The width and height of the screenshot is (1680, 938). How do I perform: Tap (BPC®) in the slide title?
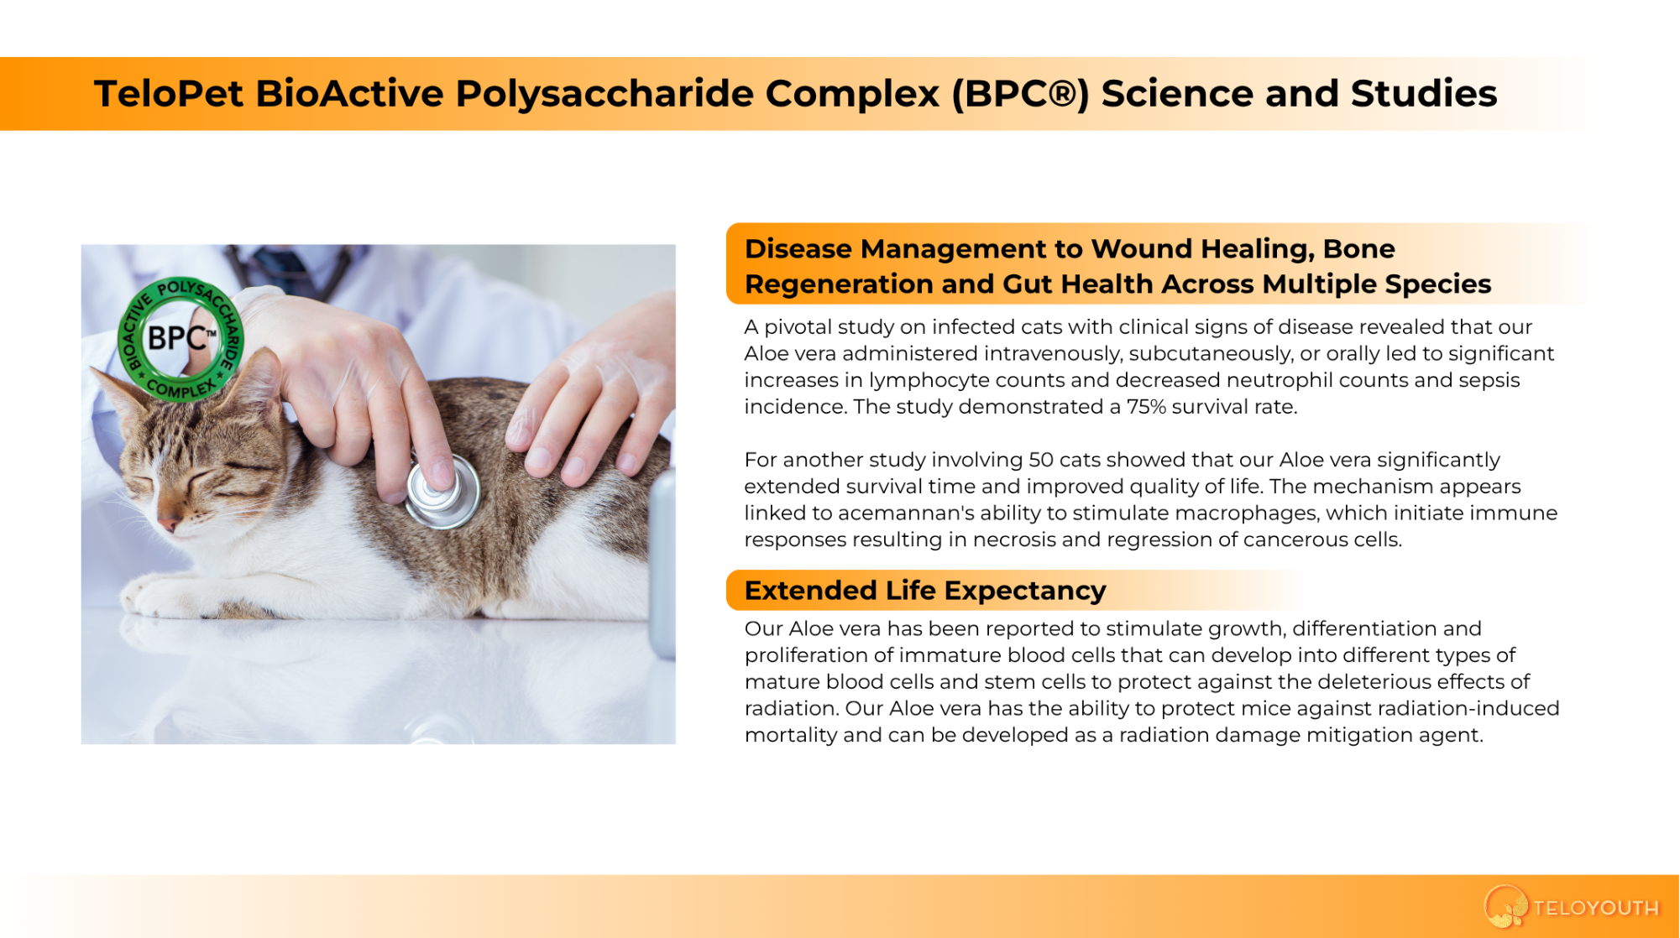click(x=1020, y=94)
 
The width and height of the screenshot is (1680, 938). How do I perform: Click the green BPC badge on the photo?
click(x=181, y=339)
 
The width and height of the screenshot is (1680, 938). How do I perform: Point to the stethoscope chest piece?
click(x=442, y=492)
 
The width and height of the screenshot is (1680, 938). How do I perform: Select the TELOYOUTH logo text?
click(x=1595, y=908)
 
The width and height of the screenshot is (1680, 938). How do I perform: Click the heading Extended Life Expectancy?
click(x=925, y=591)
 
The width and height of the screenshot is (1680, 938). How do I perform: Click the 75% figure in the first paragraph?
click(x=1146, y=407)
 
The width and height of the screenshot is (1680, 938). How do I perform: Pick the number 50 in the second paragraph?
click(x=1041, y=460)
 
